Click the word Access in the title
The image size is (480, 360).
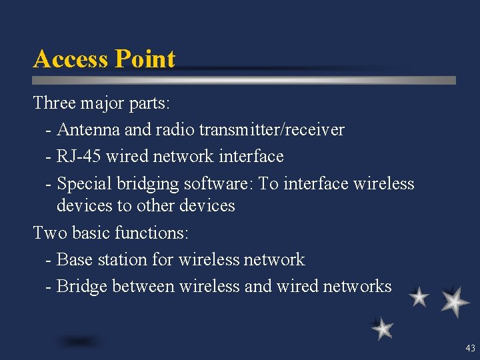coord(71,59)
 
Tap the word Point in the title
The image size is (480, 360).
coord(145,59)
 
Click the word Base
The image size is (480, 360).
coord(73,259)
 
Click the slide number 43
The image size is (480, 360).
coord(470,348)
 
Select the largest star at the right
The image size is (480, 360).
coord(455,301)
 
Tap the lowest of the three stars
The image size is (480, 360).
coord(383,328)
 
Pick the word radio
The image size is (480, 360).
coord(173,129)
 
